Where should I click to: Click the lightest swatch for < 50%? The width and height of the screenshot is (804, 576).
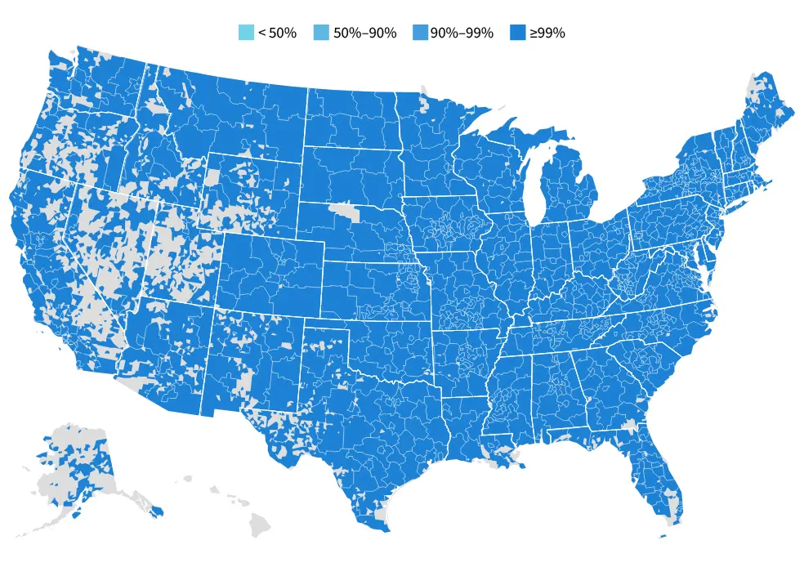(246, 33)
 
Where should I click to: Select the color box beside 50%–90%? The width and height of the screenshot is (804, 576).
(322, 33)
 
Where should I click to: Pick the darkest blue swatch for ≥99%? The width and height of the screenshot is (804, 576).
(517, 33)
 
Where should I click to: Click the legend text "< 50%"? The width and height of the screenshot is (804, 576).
(277, 33)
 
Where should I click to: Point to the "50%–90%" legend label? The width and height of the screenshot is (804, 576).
(364, 33)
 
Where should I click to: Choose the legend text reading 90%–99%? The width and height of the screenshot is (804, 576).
(462, 33)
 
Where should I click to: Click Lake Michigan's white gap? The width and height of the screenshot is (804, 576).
(533, 188)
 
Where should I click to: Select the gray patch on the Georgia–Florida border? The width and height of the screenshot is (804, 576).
(630, 426)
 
